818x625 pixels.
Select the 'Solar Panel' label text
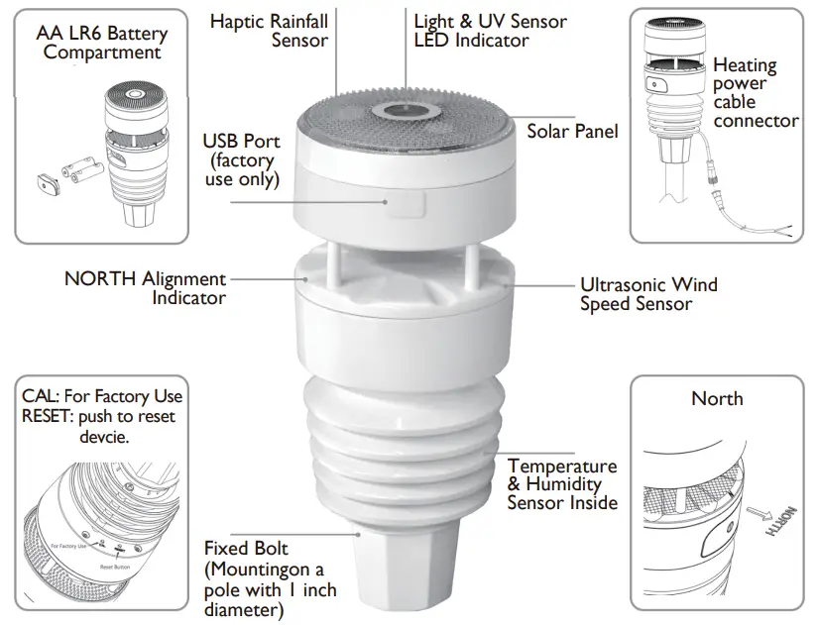click(x=572, y=131)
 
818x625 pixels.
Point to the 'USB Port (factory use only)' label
click(x=241, y=160)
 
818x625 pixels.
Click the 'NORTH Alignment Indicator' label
click(x=146, y=288)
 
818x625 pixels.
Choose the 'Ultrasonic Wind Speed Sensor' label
click(x=648, y=294)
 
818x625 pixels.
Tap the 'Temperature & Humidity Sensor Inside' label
click(x=561, y=484)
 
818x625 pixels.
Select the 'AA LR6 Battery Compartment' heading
click(x=102, y=43)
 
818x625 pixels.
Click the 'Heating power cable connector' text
click(x=755, y=93)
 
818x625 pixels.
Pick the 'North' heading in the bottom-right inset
click(x=717, y=398)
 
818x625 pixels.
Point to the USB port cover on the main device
click(x=407, y=203)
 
